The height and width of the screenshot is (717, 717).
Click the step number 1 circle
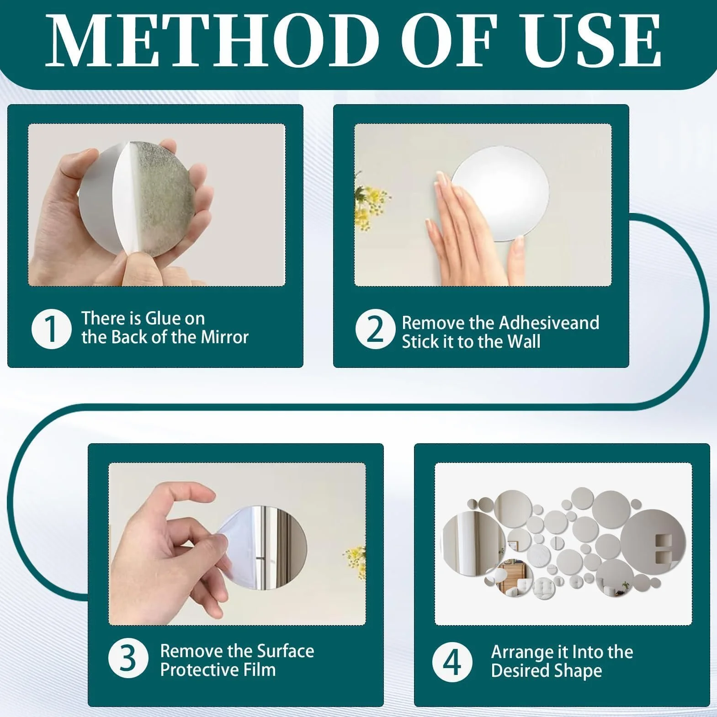pyautogui.click(x=51, y=329)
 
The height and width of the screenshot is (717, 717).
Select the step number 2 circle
pyautogui.click(x=375, y=329)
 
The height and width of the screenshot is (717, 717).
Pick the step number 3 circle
pyautogui.click(x=128, y=659)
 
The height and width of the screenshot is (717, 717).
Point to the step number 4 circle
pyautogui.click(x=452, y=662)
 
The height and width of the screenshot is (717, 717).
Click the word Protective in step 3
pyautogui.click(x=199, y=670)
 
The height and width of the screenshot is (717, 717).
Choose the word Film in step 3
pyautogui.click(x=260, y=670)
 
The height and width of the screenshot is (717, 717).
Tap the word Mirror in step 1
pyautogui.click(x=225, y=337)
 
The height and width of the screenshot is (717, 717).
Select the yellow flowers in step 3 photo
pyautogui.click(x=356, y=563)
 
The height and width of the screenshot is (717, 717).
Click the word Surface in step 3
pyautogui.click(x=283, y=651)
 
